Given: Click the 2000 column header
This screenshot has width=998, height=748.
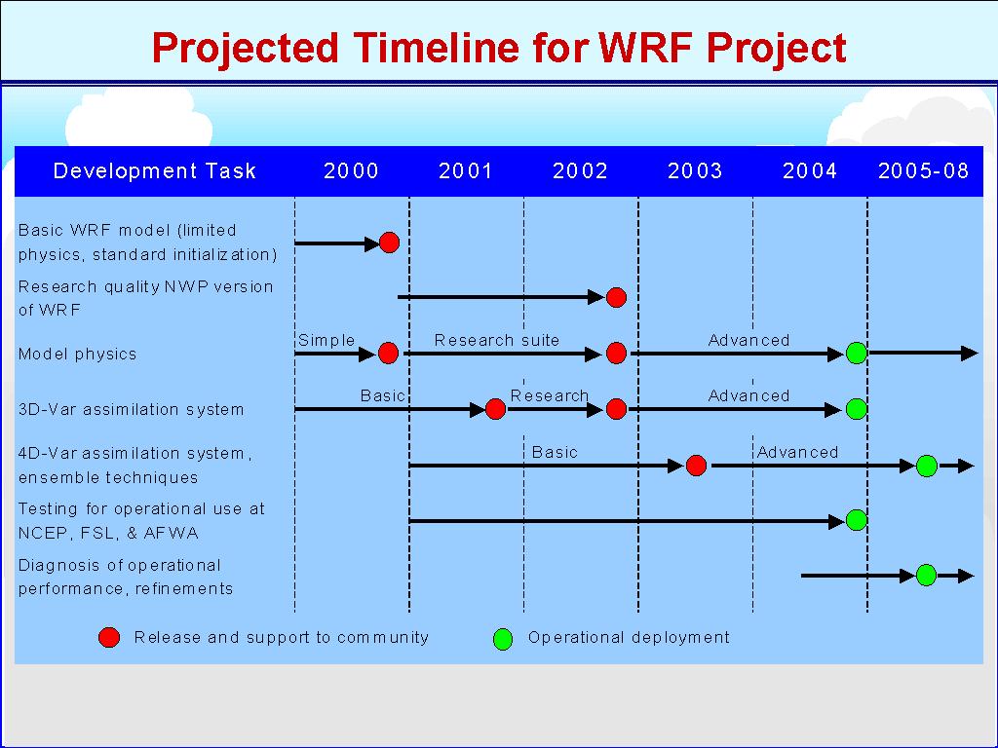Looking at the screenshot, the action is pyautogui.click(x=351, y=170).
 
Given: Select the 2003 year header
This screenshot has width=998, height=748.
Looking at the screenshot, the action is pyautogui.click(x=695, y=170).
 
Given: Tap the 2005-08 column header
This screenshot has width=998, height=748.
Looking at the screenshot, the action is pyautogui.click(x=923, y=170).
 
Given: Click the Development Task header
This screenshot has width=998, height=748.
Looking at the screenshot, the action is pyautogui.click(x=155, y=170).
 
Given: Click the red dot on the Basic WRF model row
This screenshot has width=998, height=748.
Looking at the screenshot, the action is pyautogui.click(x=389, y=243).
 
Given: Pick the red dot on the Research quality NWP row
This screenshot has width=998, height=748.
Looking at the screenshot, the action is pyautogui.click(x=616, y=297).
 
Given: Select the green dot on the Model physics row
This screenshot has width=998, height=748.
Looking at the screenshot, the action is pyautogui.click(x=856, y=353).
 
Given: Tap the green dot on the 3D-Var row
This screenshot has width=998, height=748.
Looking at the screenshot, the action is pyautogui.click(x=856, y=409).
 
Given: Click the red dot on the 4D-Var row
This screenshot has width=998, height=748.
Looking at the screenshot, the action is pyautogui.click(x=696, y=466).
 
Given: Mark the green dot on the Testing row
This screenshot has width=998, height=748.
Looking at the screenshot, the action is pyautogui.click(x=856, y=520).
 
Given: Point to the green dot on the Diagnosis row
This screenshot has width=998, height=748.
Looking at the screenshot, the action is pyautogui.click(x=926, y=575).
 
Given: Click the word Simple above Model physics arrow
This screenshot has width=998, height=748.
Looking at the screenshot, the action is pyautogui.click(x=326, y=340).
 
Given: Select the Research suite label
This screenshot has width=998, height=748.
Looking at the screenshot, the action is pyautogui.click(x=496, y=340).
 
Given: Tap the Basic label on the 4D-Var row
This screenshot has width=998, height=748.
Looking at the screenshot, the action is pyautogui.click(x=555, y=452).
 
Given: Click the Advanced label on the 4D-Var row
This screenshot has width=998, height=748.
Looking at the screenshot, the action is pyautogui.click(x=797, y=452).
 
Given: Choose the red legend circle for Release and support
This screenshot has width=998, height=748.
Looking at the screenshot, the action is pyautogui.click(x=109, y=637).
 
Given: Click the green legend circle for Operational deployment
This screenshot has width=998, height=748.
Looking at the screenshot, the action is pyautogui.click(x=503, y=639).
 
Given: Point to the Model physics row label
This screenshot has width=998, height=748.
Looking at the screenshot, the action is pyautogui.click(x=77, y=355).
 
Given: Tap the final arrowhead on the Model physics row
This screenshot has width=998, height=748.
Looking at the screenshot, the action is pyautogui.click(x=970, y=353).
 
